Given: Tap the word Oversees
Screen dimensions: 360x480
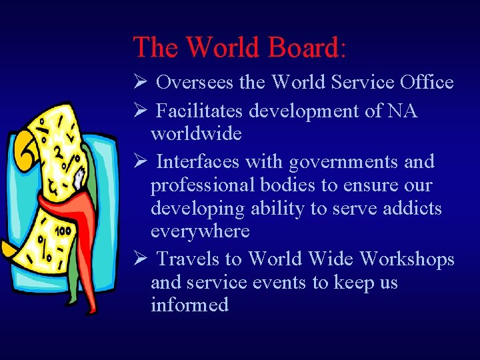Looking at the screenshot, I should (x=195, y=83).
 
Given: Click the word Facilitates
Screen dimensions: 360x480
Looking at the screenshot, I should (x=203, y=111).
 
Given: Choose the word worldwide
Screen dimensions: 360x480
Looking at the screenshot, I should (x=196, y=133).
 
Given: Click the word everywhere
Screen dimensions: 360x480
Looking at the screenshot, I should (x=200, y=232).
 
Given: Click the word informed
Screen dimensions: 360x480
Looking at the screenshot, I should (x=189, y=305).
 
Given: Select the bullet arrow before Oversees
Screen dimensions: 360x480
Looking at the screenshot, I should (x=139, y=83).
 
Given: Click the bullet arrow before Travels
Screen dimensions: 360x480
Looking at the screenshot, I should (x=139, y=259).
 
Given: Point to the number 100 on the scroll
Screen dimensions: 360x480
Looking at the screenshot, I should (x=63, y=231).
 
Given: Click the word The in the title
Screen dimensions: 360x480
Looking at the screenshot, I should (x=156, y=47).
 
